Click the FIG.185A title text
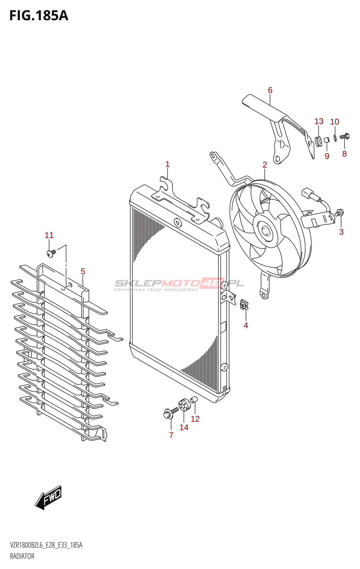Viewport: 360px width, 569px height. pos(38,16)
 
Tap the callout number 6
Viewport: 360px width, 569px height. pos(270,90)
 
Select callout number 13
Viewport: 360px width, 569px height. pos(319,122)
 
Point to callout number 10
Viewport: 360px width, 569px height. pos(334,122)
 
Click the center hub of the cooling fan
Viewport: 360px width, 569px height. pos(265,231)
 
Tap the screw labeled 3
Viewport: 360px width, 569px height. pos(339,213)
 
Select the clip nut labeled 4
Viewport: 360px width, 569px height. pos(244,305)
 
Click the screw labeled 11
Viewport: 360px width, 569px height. pos(51,253)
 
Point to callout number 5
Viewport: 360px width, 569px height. pos(83,272)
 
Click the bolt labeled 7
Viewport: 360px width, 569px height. pos(169,413)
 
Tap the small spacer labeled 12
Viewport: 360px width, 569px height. pos(194,400)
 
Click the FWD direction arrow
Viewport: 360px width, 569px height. pos(49,497)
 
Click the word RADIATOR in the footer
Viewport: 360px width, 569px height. pos(22,556)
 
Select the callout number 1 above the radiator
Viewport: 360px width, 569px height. pos(167,164)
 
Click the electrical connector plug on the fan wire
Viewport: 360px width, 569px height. pos(308,193)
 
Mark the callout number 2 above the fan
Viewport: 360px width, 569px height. pos(265,165)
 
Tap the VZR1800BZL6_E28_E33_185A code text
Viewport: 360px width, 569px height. pos(46,546)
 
